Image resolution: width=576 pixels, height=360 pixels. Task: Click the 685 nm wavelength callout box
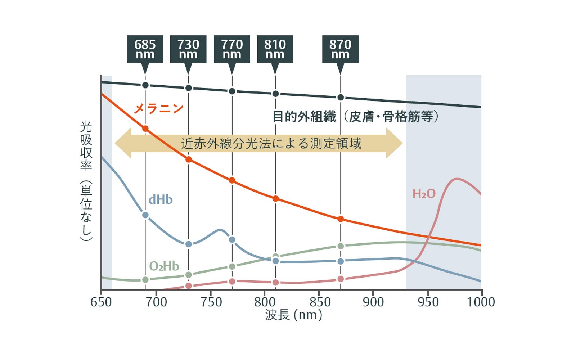coord(145,49)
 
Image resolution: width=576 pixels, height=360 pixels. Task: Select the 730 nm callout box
coord(188,49)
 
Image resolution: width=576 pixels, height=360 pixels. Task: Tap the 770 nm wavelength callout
coord(232,49)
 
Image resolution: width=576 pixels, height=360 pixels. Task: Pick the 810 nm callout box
coord(275,49)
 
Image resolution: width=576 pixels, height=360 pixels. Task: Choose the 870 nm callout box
coord(340,49)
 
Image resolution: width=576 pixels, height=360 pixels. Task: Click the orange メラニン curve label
coord(158,108)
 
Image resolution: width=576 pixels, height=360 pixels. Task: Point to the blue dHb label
coord(161,199)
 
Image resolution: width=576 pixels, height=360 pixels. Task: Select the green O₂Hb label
coord(164,266)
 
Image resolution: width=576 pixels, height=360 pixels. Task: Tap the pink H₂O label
coord(424,194)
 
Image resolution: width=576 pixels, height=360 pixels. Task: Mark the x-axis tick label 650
coord(101,302)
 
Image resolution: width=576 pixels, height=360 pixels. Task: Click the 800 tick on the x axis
coord(265,302)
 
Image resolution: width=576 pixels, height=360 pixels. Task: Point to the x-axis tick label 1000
coord(481,302)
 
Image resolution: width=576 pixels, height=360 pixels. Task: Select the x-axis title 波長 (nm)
coord(293,315)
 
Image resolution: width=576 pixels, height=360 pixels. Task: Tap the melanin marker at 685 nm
coord(145,129)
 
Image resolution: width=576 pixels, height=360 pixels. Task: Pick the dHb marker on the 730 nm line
coord(189,244)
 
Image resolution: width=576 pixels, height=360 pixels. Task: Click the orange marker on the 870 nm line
coord(341,219)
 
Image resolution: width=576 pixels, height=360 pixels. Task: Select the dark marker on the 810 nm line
coord(275,94)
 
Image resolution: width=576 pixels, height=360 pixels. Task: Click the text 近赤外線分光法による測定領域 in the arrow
coord(271,143)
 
